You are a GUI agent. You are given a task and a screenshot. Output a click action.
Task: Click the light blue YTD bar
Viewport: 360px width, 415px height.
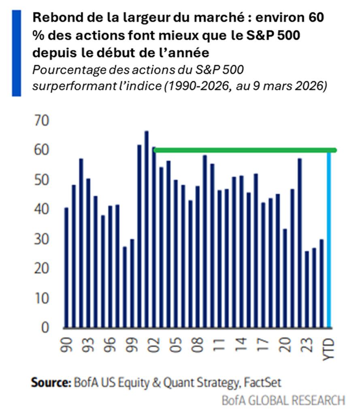(329, 239)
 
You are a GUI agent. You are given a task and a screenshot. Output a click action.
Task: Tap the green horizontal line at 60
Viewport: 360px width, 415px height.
(243, 150)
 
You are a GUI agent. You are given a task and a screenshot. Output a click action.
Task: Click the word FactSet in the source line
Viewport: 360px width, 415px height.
(268, 382)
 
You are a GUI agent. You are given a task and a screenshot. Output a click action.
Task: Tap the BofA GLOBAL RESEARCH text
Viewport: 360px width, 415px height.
(283, 400)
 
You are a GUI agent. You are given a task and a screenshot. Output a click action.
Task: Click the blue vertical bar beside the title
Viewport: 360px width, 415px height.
(16, 53)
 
